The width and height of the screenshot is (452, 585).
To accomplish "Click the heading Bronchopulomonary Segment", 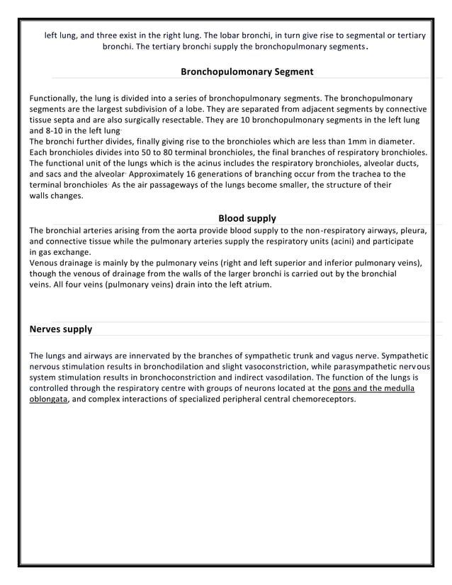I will pos(247,72).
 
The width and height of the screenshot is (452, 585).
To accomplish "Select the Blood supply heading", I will pos(247,218).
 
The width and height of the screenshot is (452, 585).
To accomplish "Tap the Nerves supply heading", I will pos(61,329).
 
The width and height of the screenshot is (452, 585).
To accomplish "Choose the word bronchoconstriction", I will pos(183,377).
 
